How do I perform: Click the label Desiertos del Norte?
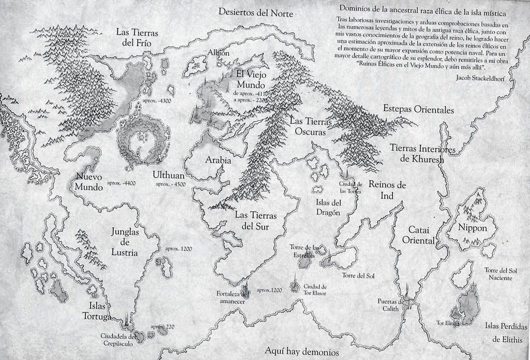coord(255,12)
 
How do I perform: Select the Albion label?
coord(218,53)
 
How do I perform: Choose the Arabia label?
coord(218,160)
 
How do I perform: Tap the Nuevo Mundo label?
coord(87,181)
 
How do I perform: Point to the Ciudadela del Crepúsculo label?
coord(120,340)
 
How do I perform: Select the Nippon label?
coord(472,228)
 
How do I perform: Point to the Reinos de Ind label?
coord(387,190)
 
